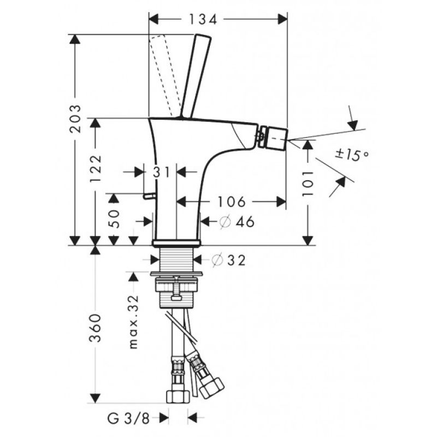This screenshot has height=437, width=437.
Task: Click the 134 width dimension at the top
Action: [203, 20]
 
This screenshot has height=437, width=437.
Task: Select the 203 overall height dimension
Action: [75, 119]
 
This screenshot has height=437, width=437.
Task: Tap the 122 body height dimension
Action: [95, 168]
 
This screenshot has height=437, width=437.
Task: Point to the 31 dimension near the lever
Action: [161, 172]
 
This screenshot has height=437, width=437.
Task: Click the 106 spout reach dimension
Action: [232, 202]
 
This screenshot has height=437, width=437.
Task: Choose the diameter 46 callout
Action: [237, 222]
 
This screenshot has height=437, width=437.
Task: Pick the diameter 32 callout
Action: [229, 261]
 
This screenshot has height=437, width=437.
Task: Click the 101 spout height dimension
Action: [308, 184]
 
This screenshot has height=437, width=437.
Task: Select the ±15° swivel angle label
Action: [352, 155]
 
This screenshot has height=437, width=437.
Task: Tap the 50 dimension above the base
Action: [114, 219]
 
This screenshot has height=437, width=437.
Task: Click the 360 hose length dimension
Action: [95, 328]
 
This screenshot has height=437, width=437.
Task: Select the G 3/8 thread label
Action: [128, 418]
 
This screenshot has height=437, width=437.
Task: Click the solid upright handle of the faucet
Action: [196, 76]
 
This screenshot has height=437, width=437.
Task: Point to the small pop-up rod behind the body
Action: [149, 196]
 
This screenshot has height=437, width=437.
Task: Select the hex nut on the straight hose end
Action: [178, 396]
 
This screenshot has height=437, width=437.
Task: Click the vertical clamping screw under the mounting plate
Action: [176, 288]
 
